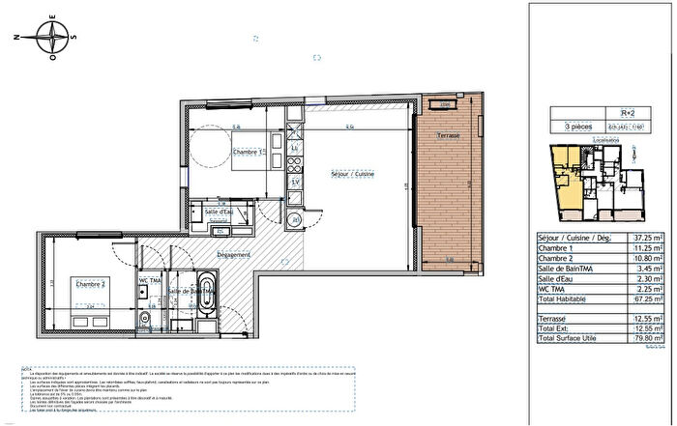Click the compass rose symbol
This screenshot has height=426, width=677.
49,40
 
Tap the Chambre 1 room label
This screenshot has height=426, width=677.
247,152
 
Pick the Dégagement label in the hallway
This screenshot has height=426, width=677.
232,255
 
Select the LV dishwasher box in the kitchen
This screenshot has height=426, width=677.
293,182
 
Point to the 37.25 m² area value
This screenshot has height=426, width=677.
647,236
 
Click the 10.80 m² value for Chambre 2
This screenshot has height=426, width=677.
647,262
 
